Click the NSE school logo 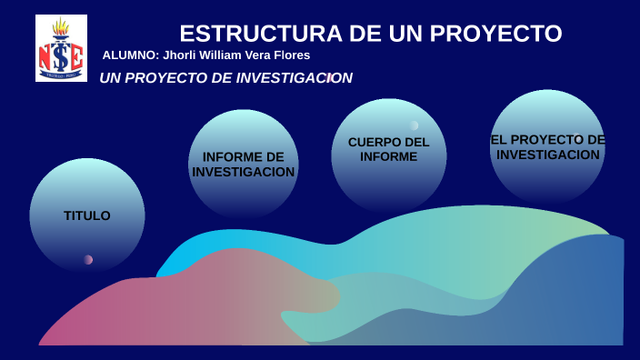pyautogui.click(x=61, y=49)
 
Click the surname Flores pyautogui.click(x=292, y=55)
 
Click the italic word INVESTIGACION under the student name pyautogui.click(x=294, y=78)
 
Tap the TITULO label pyautogui.click(x=87, y=215)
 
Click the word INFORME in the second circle pyautogui.click(x=244, y=156)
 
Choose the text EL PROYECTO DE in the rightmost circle pyautogui.click(x=547, y=139)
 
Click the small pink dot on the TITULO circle pyautogui.click(x=88, y=259)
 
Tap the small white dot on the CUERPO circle pyautogui.click(x=414, y=125)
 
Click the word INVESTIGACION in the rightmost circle pyautogui.click(x=548, y=155)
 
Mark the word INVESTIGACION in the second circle pyautogui.click(x=244, y=172)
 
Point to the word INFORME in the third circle pyautogui.click(x=388, y=156)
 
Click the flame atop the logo pyautogui.click(x=62, y=26)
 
